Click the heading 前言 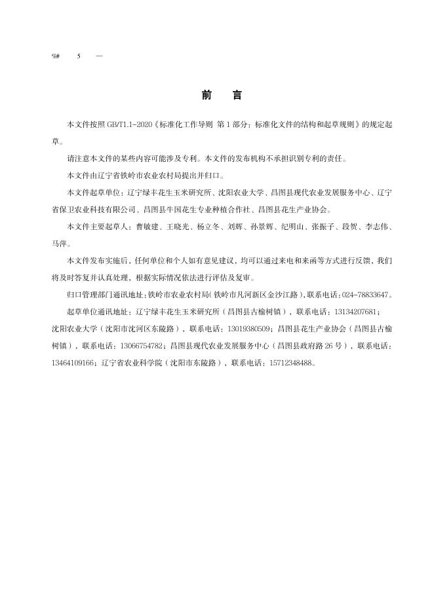coord(222,96)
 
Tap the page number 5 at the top coord(79,56)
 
